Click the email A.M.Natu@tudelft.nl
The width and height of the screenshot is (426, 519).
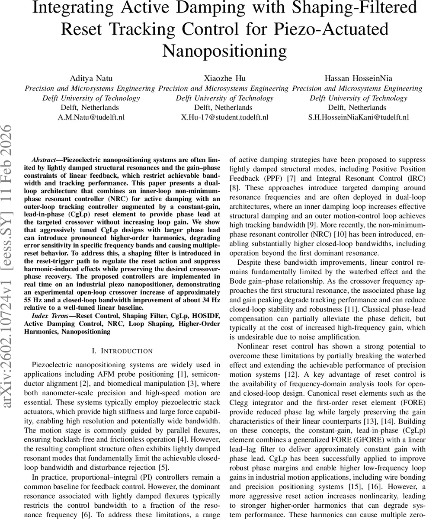click(91, 117)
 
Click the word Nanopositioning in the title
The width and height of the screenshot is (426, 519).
click(224, 51)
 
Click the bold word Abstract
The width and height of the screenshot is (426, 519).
click(46, 159)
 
